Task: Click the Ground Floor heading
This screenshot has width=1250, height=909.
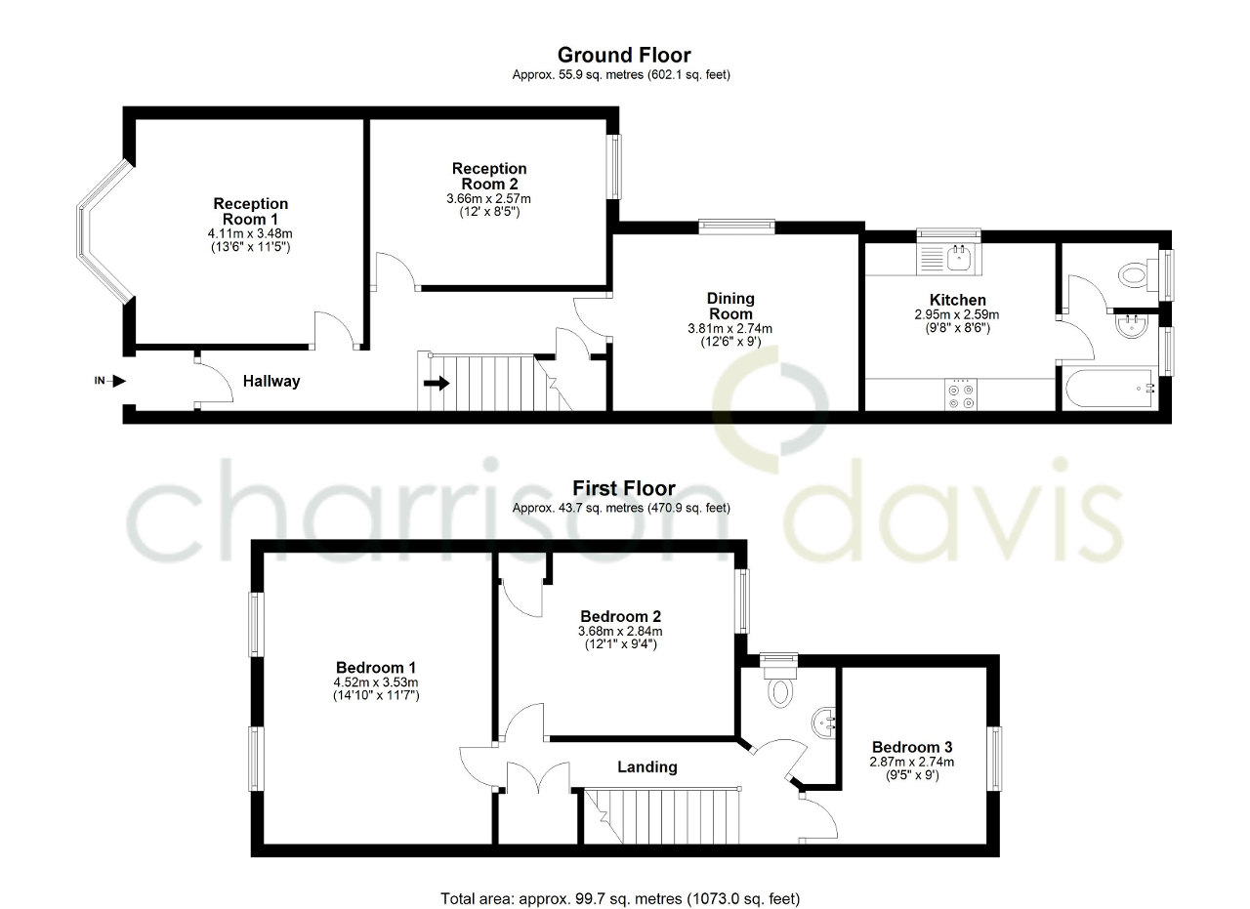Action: click(x=623, y=56)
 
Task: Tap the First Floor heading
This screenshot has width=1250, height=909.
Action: click(x=623, y=488)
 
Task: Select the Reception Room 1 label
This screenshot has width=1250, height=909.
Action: click(x=251, y=211)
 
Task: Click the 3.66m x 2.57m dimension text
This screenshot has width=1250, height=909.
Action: click(x=488, y=198)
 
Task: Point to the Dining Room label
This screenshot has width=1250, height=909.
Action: click(x=730, y=307)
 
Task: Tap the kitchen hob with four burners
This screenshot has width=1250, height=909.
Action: click(x=960, y=393)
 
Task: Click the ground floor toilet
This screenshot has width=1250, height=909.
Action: click(x=1136, y=275)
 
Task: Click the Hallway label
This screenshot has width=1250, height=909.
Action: click(x=271, y=382)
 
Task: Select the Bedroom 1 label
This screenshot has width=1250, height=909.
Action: click(x=375, y=668)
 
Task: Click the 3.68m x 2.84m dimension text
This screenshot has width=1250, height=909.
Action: click(x=620, y=631)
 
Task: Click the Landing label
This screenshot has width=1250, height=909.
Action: click(x=646, y=767)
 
